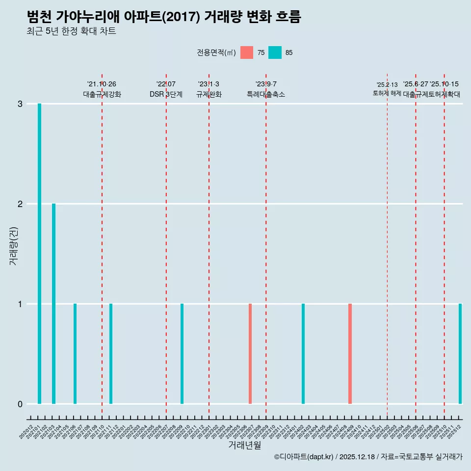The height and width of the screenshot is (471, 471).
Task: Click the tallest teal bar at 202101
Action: coord(39,254)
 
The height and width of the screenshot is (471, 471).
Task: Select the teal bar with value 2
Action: coord(53,304)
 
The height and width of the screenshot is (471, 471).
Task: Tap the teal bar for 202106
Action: coord(75,354)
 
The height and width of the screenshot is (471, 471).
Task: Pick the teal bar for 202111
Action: coord(111,354)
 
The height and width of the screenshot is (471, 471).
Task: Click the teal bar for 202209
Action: coord(182,354)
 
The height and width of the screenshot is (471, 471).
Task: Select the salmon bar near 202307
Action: coord(250,354)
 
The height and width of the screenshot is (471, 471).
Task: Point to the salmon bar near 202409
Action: coord(350,354)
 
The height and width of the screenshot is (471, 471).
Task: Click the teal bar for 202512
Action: coord(460,354)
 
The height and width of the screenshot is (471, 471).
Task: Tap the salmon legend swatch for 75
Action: coord(247,52)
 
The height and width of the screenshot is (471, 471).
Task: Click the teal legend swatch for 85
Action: coord(275,52)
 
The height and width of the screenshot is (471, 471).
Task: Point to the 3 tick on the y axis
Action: coord(20,104)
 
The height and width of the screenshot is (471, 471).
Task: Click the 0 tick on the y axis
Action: coord(20,404)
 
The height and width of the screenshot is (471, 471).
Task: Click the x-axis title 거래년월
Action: coord(244,445)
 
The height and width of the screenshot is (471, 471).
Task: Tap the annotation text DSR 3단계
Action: coord(166,94)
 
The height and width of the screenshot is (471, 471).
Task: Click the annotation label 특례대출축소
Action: coord(265,94)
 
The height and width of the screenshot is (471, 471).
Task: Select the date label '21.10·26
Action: coord(102,84)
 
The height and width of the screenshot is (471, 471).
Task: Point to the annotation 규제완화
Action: coord(209,94)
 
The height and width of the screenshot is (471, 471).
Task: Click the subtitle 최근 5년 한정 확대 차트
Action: coord(72,31)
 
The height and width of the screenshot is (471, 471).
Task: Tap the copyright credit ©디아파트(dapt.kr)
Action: coord(304,457)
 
